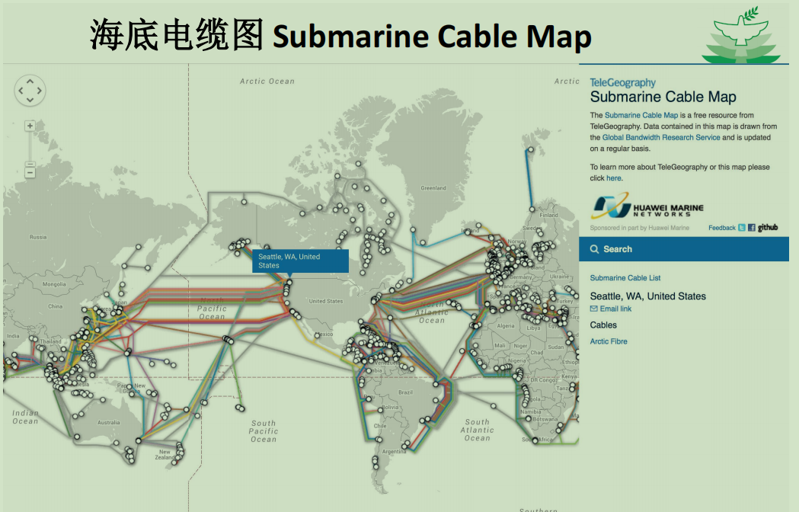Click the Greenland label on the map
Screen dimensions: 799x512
click(x=433, y=188)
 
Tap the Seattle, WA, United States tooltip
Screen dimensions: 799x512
click(x=300, y=261)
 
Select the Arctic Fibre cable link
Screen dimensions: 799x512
click(x=609, y=341)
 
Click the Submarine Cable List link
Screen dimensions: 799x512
click(x=625, y=278)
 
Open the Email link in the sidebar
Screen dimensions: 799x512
click(x=615, y=309)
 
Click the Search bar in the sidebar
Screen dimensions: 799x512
click(x=683, y=249)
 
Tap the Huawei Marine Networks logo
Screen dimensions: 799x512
click(x=647, y=207)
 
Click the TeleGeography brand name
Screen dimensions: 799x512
click(x=622, y=82)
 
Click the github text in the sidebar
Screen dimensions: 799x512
click(x=768, y=227)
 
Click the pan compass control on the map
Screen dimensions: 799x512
click(x=30, y=91)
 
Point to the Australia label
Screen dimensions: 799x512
click(x=107, y=423)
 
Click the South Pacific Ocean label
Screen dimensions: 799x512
click(x=264, y=431)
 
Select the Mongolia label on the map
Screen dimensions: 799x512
click(x=54, y=284)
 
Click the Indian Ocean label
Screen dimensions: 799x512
click(x=25, y=417)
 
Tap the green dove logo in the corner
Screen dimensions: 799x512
click(x=740, y=40)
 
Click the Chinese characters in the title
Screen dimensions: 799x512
click(x=177, y=36)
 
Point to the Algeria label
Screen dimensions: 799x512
click(x=506, y=326)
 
